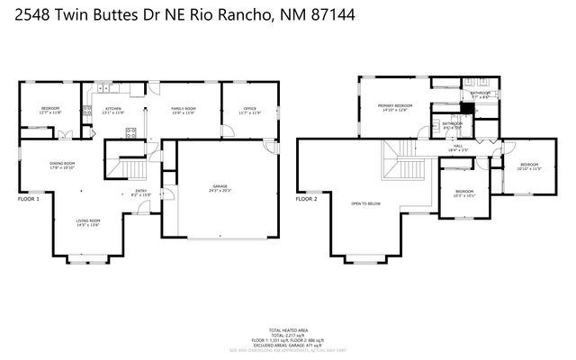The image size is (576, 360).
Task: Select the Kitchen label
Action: (112, 110)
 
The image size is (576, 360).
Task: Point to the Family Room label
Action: (184, 110)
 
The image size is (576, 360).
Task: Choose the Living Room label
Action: (87, 222)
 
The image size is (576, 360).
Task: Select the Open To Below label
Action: (366, 203)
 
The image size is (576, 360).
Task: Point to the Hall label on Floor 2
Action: (457, 148)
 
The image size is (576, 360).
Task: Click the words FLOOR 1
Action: (30, 198)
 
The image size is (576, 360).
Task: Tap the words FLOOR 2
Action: (307, 198)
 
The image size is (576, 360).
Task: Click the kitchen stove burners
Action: (131, 132)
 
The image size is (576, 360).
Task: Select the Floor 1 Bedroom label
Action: (49, 110)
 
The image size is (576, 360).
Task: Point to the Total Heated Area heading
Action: (288, 330)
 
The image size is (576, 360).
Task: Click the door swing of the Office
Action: (228, 131)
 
